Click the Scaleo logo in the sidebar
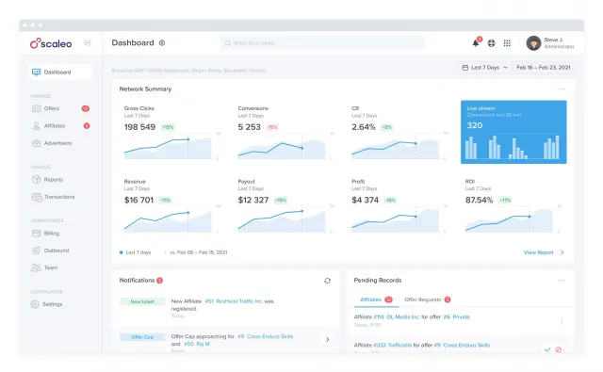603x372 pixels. pos(52,43)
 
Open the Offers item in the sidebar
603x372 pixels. pos(51,108)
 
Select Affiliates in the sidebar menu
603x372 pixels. pos(54,125)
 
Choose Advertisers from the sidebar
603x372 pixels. pos(57,143)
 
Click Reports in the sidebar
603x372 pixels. pos(53,179)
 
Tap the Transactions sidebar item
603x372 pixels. pos(58,197)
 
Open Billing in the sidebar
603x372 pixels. pos(51,233)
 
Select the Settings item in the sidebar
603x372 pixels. pos(52,304)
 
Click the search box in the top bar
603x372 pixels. pos(322,43)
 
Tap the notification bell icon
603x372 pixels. pos(476,43)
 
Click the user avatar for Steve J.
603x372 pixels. pos(533,43)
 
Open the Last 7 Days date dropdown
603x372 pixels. pos(483,68)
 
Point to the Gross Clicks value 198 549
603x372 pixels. pos(139,126)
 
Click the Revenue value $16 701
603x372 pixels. pos(139,200)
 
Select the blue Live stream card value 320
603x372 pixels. pos(475,125)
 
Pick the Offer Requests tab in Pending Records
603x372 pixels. pos(423,299)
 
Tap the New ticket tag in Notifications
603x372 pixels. pos(141,301)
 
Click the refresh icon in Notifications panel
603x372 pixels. pos(328,281)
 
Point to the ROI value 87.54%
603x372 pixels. pos(480,200)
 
